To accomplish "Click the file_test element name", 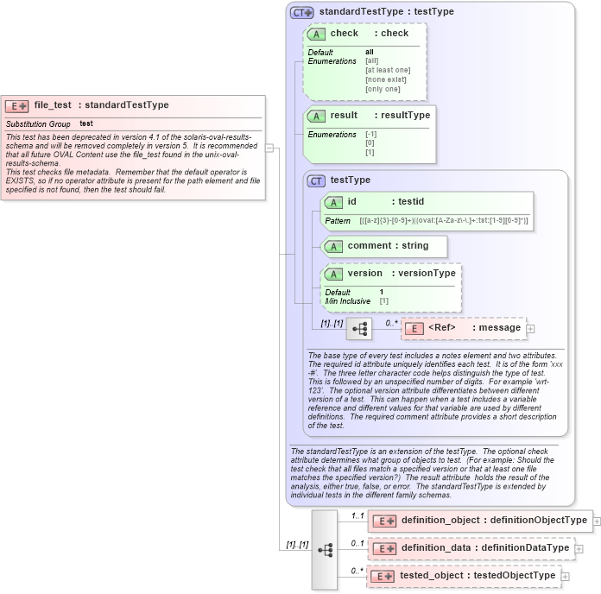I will [53, 105].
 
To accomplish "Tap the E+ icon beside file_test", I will [17, 106].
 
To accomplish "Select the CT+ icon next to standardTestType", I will [301, 12].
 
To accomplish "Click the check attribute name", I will [345, 34].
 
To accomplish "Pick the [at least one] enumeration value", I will [388, 70].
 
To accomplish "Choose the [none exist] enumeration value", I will [385, 79].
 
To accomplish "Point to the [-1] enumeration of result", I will [371, 135].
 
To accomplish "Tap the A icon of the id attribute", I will [333, 202].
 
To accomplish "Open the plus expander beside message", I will [531, 328].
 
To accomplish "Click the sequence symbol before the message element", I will [358, 329].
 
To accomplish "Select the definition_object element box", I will [480, 521].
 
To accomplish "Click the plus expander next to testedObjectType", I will [566, 576].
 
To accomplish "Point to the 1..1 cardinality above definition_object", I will [357, 515].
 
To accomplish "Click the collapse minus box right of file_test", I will [269, 148].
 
